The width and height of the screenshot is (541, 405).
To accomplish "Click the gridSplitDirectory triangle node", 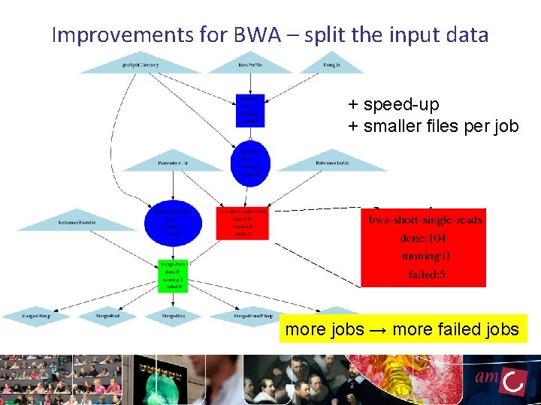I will (x=141, y=64).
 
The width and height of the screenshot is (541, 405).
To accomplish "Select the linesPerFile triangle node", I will (x=249, y=64).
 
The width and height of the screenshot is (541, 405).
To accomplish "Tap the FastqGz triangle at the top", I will (x=332, y=64).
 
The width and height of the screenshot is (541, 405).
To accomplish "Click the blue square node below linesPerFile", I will (x=250, y=109).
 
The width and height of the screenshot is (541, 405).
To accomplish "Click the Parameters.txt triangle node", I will (x=173, y=162).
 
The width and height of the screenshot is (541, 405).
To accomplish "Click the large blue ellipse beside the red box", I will (x=174, y=222).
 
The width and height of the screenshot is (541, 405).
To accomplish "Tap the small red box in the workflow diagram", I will (x=243, y=223).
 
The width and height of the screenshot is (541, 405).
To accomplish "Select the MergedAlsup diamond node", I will (x=35, y=316).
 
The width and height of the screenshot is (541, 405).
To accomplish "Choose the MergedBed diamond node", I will (x=107, y=316).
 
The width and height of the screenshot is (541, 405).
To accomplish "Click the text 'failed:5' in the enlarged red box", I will (x=426, y=274).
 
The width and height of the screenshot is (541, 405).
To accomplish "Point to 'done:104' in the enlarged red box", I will (x=422, y=238).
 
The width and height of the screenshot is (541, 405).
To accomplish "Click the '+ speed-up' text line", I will (x=393, y=104).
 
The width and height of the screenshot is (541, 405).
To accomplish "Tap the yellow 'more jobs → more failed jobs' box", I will (x=402, y=329).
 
